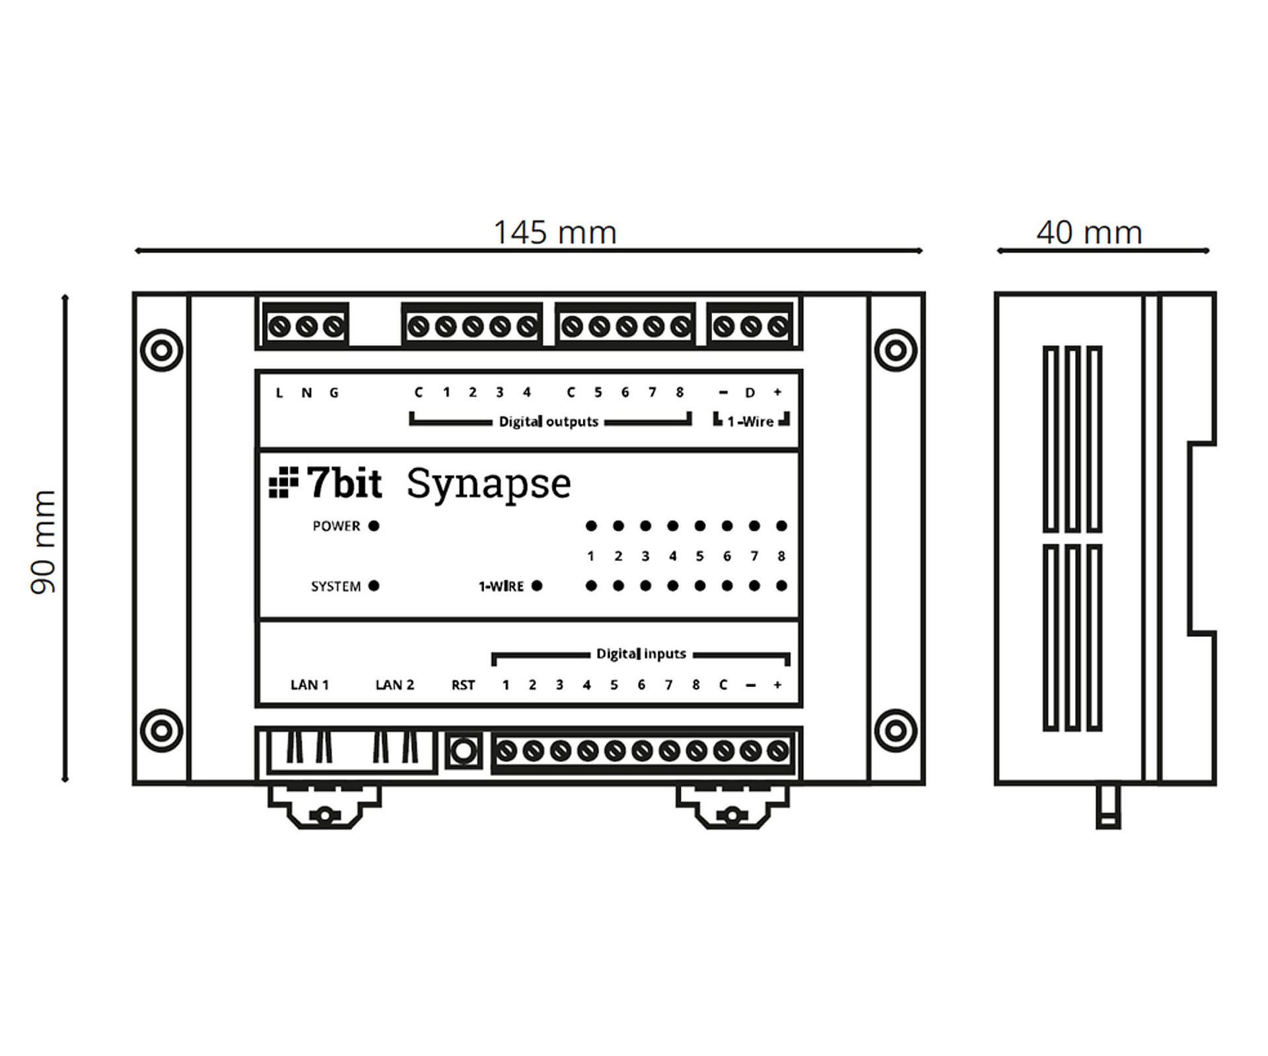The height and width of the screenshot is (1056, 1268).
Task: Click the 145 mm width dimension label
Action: (x=555, y=232)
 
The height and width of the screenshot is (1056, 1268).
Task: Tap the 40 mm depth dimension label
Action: (x=1089, y=232)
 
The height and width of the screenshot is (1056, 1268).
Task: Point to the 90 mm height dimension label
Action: (x=44, y=542)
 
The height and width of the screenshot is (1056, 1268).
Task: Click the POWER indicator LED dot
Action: (x=374, y=526)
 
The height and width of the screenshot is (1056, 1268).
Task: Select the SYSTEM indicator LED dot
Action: (x=374, y=585)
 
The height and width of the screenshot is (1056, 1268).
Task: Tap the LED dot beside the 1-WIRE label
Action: (x=537, y=585)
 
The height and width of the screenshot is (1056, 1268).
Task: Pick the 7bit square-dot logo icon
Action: (x=283, y=482)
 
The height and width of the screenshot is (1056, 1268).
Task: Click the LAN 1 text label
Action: (x=309, y=685)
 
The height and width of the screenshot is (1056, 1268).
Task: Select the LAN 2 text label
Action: (x=394, y=685)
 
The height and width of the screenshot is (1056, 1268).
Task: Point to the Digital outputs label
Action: (x=548, y=422)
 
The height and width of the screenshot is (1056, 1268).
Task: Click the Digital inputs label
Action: (x=641, y=654)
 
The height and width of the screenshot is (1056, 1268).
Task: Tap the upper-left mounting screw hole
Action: (x=162, y=350)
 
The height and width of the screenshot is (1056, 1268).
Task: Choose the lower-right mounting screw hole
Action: (x=896, y=731)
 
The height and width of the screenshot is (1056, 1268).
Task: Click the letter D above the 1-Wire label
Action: (x=750, y=393)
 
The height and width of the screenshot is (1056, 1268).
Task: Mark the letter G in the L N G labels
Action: (x=334, y=393)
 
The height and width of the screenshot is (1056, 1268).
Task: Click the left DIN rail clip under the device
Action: (x=324, y=807)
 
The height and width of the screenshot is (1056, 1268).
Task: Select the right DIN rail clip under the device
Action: (x=732, y=807)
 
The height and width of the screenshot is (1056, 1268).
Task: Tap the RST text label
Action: (x=463, y=685)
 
